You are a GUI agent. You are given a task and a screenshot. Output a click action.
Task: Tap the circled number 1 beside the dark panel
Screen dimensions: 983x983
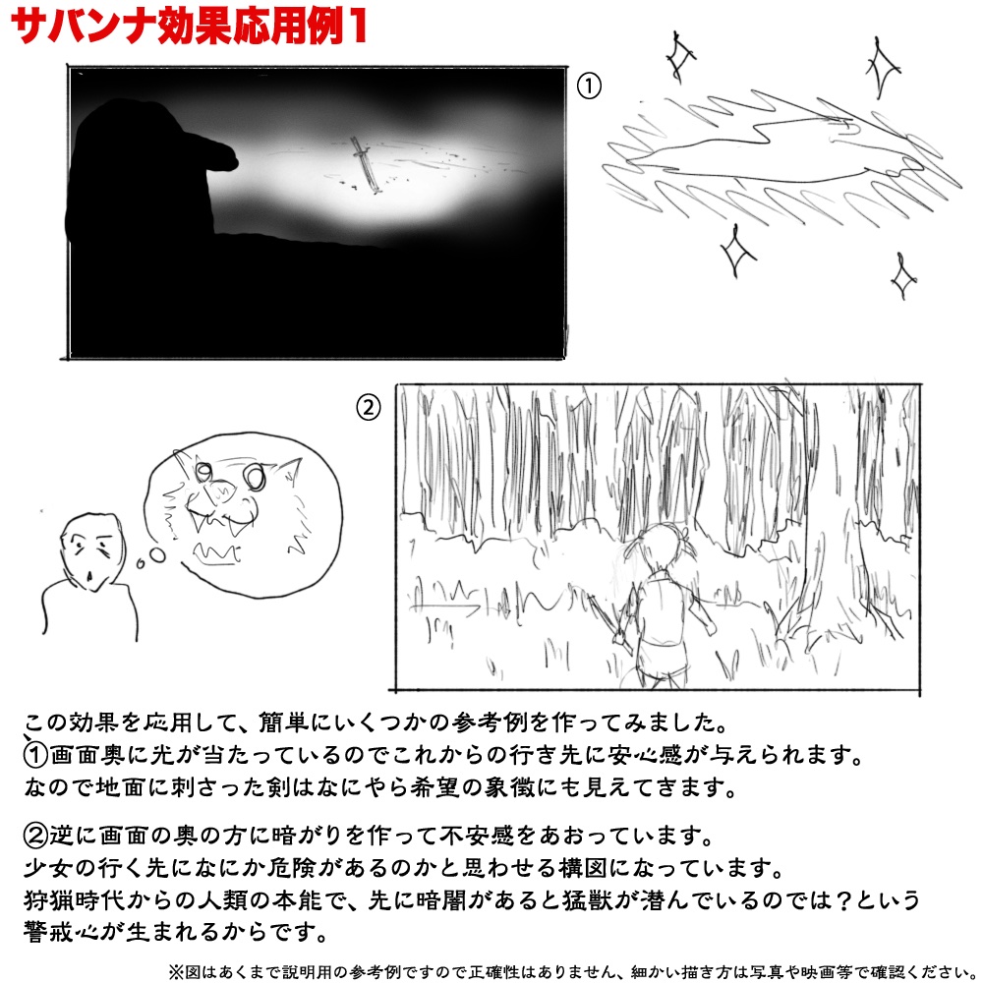pos(588,87)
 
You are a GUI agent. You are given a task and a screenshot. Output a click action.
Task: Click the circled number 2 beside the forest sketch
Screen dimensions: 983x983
pos(367,407)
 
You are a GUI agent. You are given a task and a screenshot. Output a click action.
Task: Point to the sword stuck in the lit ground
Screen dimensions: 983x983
pos(365,163)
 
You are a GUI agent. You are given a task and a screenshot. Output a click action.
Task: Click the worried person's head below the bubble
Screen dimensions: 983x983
pos(87,551)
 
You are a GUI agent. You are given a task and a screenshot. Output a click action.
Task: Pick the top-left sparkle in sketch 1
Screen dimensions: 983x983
pos(676,56)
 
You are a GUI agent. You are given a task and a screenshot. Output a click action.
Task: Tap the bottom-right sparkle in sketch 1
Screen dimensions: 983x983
pos(900,276)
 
